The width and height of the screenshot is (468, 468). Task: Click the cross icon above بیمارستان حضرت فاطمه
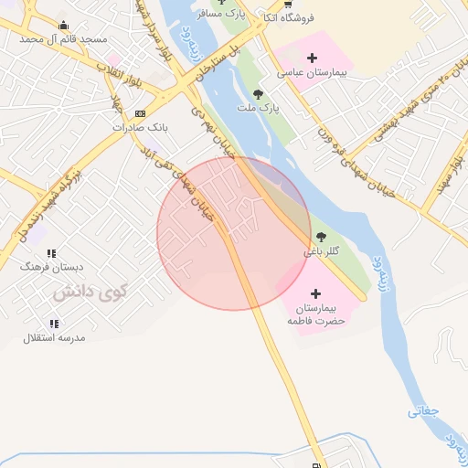(x=316, y=293)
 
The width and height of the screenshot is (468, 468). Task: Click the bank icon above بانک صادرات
(x=139, y=113)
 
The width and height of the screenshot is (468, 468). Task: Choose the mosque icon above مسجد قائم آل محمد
(x=63, y=26)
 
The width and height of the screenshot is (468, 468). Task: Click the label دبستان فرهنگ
(x=52, y=267)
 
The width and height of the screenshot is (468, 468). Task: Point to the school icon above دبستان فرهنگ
(x=52, y=253)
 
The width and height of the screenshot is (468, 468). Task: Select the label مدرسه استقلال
(x=54, y=337)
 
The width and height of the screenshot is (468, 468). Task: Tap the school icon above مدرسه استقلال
(x=54, y=324)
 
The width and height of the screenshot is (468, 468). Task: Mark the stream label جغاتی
(x=423, y=410)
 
